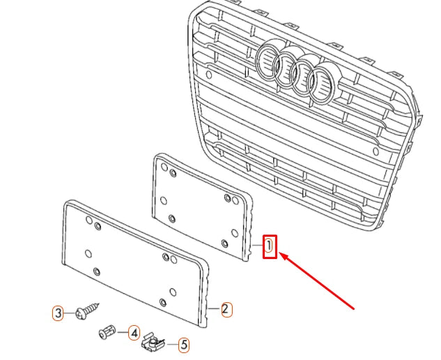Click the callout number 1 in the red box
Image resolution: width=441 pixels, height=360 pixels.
(270, 246)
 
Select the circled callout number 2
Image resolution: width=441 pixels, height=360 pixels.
(225, 308)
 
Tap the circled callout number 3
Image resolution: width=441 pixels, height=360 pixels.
(59, 313)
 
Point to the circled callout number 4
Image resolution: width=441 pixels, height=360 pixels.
(133, 334)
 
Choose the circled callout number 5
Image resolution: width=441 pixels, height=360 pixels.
(183, 344)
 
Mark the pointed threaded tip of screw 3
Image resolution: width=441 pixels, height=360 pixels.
(99, 304)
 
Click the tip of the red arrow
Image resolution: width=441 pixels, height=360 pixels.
(282, 256)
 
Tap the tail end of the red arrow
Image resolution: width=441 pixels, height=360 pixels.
(356, 307)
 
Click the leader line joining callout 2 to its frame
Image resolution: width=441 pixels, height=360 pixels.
(215, 308)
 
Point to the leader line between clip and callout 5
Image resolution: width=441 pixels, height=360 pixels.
(170, 343)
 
